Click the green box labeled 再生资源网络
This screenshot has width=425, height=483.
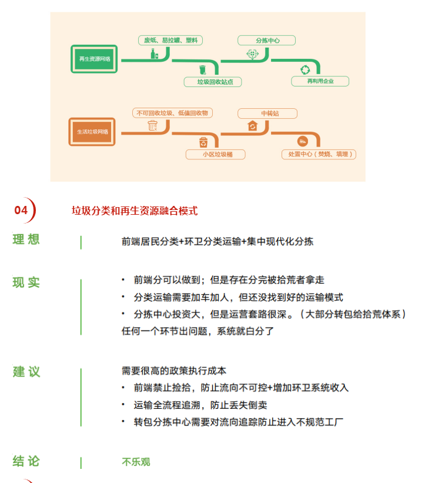pyautogui.click(x=95, y=59)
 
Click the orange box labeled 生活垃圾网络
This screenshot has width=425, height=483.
pyautogui.click(x=93, y=132)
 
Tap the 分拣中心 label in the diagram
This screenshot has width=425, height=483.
pyautogui.click(x=267, y=41)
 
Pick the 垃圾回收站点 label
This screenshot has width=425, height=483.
pyautogui.click(x=212, y=82)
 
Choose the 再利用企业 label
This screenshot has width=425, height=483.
pyautogui.click(x=320, y=81)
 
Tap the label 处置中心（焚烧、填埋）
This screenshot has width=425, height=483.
pyautogui.click(x=319, y=154)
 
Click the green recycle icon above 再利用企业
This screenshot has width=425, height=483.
pyautogui.click(x=305, y=69)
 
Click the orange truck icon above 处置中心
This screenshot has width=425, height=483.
pyautogui.click(x=303, y=141)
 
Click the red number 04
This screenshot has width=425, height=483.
pyautogui.click(x=21, y=210)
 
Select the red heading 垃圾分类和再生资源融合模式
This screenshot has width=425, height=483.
pyautogui.click(x=135, y=211)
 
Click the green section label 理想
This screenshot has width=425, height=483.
pyautogui.click(x=26, y=239)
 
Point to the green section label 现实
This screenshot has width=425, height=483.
pyautogui.click(x=26, y=282)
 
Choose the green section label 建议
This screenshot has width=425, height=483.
pyautogui.click(x=26, y=372)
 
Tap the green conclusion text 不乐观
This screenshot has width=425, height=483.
pyautogui.click(x=136, y=462)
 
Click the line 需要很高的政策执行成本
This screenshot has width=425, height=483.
pyautogui.click(x=174, y=371)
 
